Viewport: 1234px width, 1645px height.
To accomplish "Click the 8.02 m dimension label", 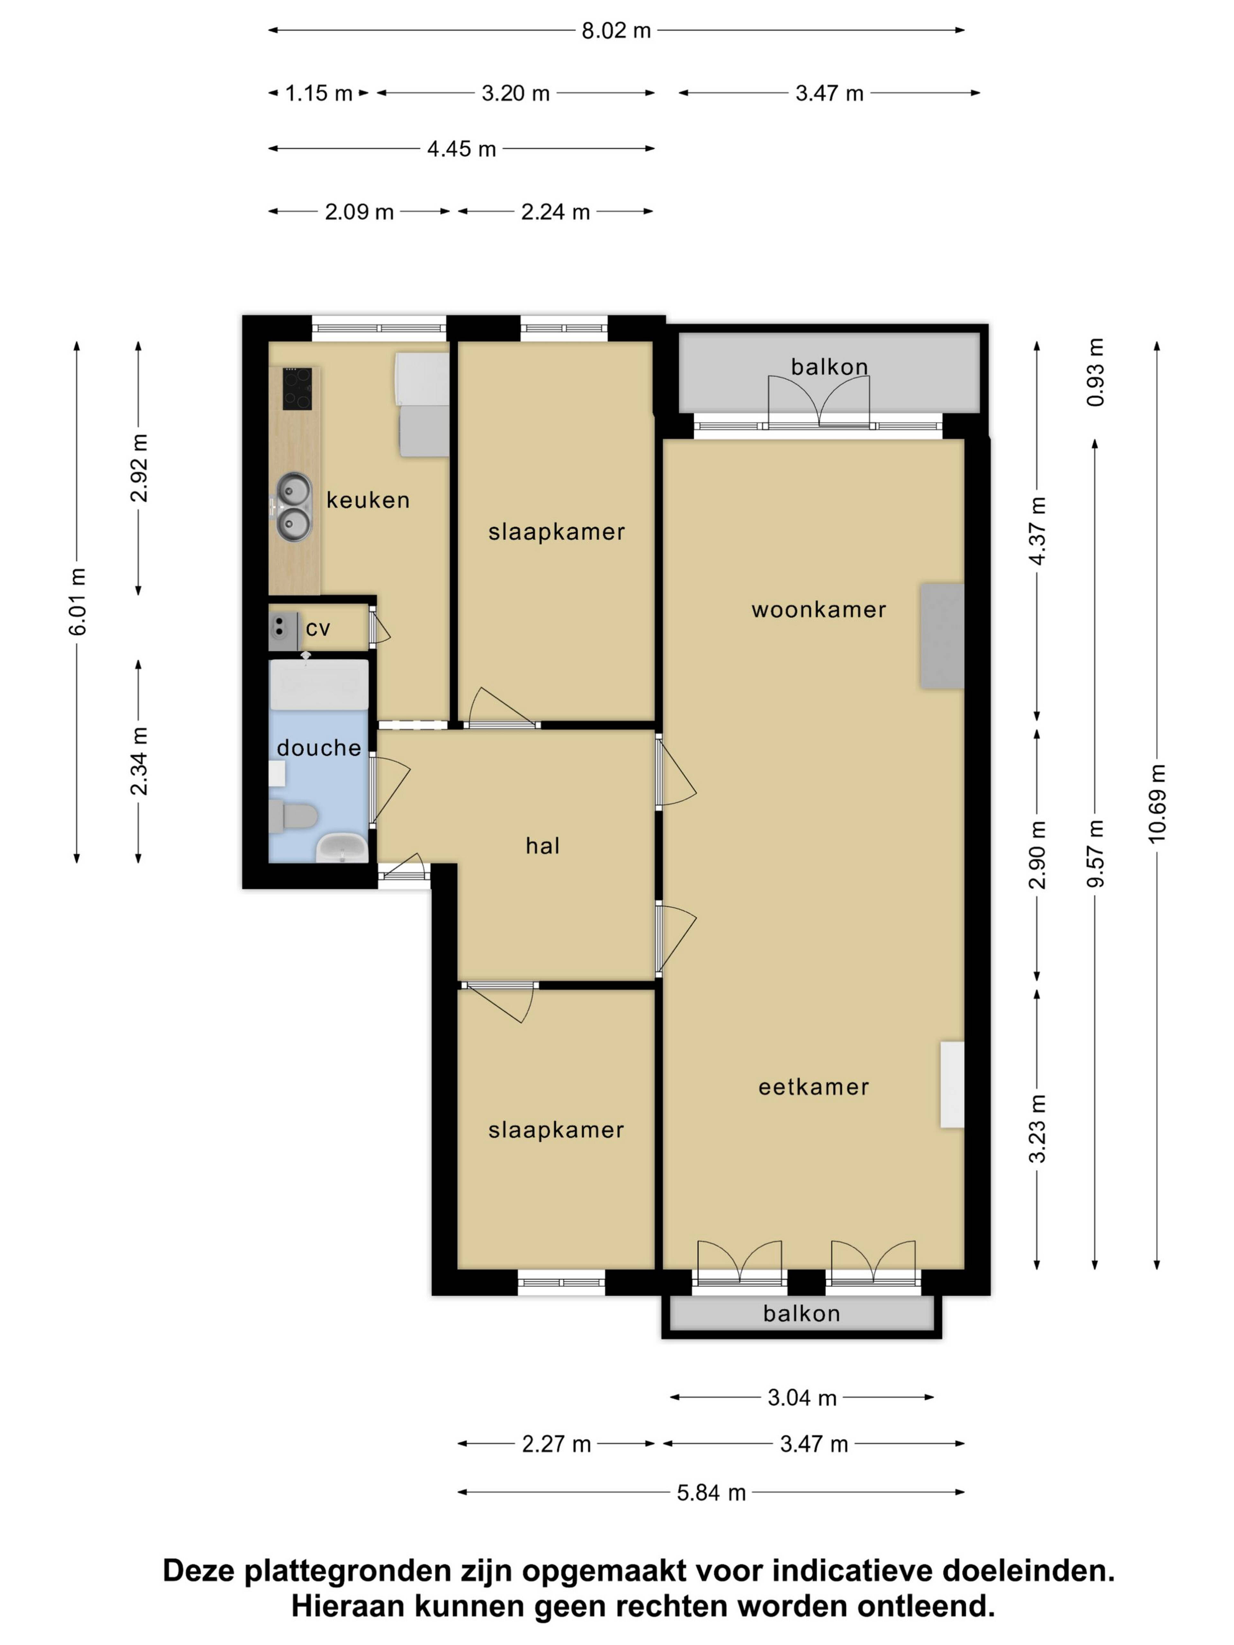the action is tap(616, 31).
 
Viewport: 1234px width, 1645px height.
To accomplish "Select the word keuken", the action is tap(368, 500).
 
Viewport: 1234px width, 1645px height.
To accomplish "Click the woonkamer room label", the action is tap(819, 610).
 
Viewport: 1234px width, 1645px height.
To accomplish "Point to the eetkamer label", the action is tap(814, 1087).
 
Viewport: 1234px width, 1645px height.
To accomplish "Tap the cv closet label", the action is tap(317, 628).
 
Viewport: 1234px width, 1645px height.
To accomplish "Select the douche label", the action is tap(319, 747).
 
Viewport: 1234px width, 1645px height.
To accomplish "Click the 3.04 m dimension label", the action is tap(802, 1398).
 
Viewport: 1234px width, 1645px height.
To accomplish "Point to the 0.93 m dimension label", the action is tap(1095, 372).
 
